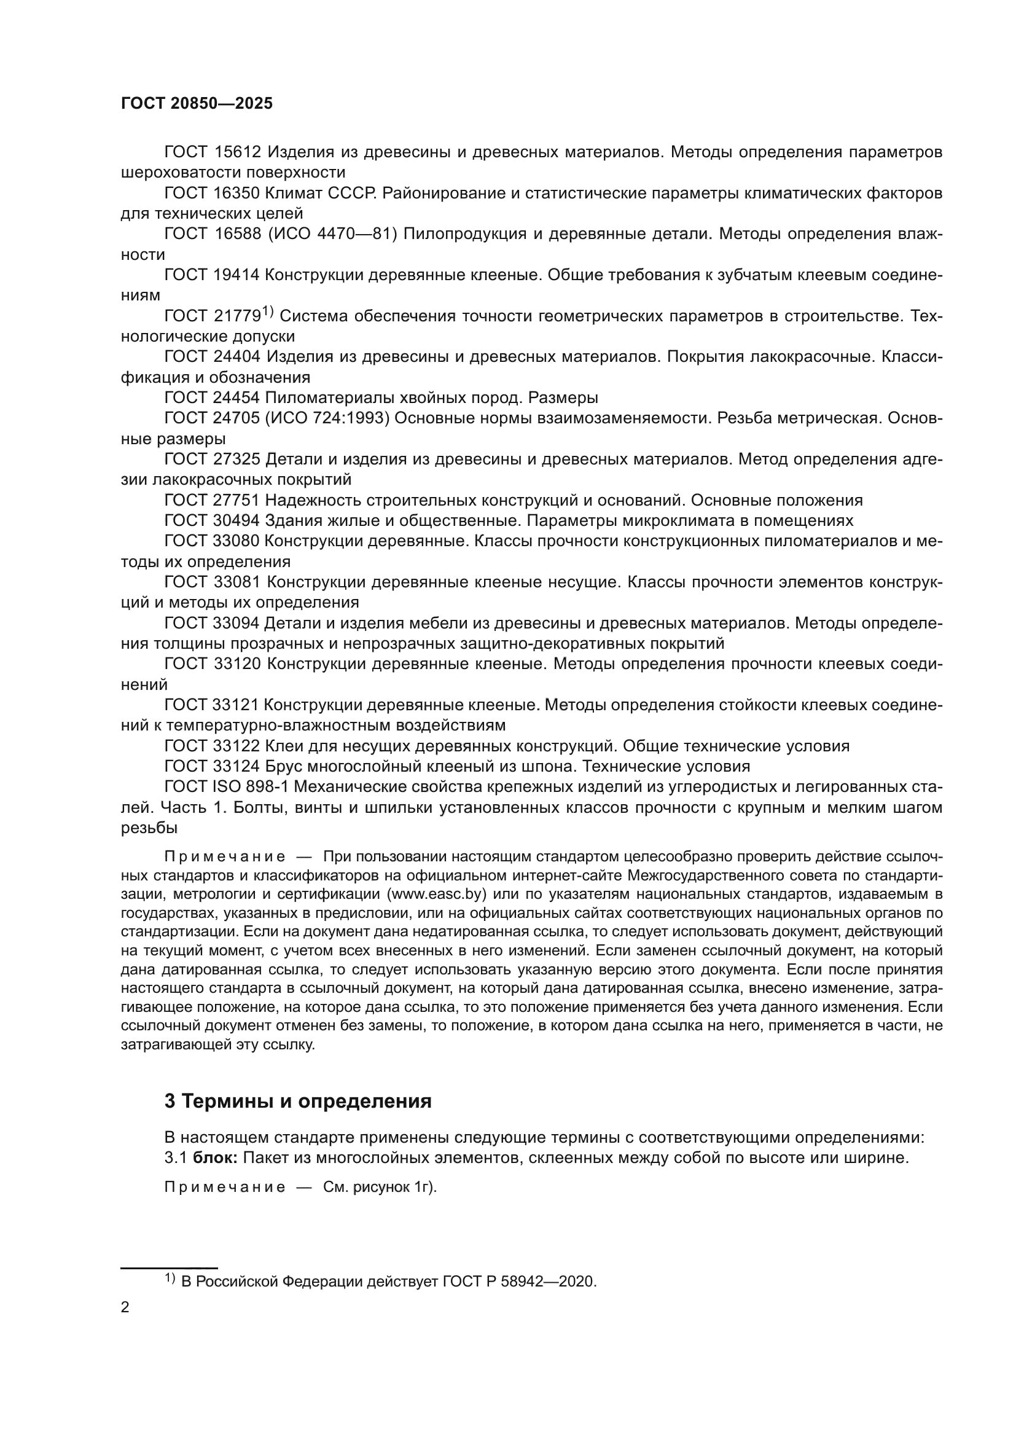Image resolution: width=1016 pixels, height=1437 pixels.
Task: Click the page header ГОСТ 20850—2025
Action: click(197, 104)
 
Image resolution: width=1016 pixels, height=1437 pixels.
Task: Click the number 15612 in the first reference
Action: click(236, 152)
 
